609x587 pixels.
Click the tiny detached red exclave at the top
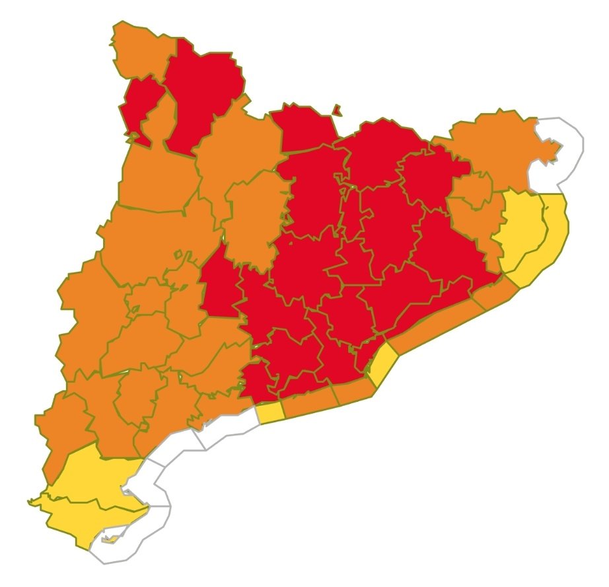336,109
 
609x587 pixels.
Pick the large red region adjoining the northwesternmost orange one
201,93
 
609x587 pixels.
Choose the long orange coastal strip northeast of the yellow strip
443,324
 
